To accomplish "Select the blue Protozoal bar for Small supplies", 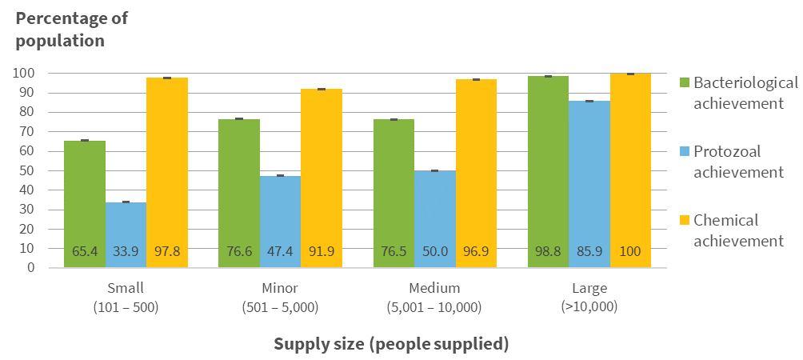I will (x=126, y=224).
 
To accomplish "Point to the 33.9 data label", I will (x=126, y=252).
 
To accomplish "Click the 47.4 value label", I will (x=280, y=252).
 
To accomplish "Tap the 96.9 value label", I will (x=477, y=252).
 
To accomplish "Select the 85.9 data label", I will (x=589, y=252).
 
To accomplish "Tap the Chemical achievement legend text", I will (x=737, y=230).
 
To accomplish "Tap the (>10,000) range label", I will (x=589, y=306).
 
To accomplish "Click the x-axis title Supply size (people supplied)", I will (x=391, y=344).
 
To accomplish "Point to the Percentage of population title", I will (x=71, y=29).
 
